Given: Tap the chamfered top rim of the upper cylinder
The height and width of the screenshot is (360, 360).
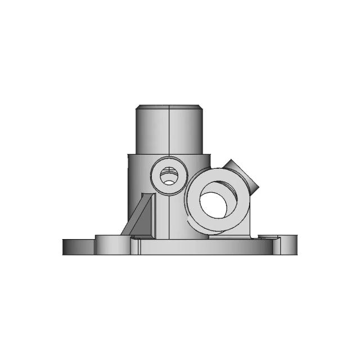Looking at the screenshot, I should pos(169,106).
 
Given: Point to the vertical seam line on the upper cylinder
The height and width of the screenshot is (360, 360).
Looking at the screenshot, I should pos(169,132).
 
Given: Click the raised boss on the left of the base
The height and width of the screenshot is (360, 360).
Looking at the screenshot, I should pos(112,244).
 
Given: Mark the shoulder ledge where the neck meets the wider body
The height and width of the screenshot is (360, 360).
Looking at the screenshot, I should pos(141,154).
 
